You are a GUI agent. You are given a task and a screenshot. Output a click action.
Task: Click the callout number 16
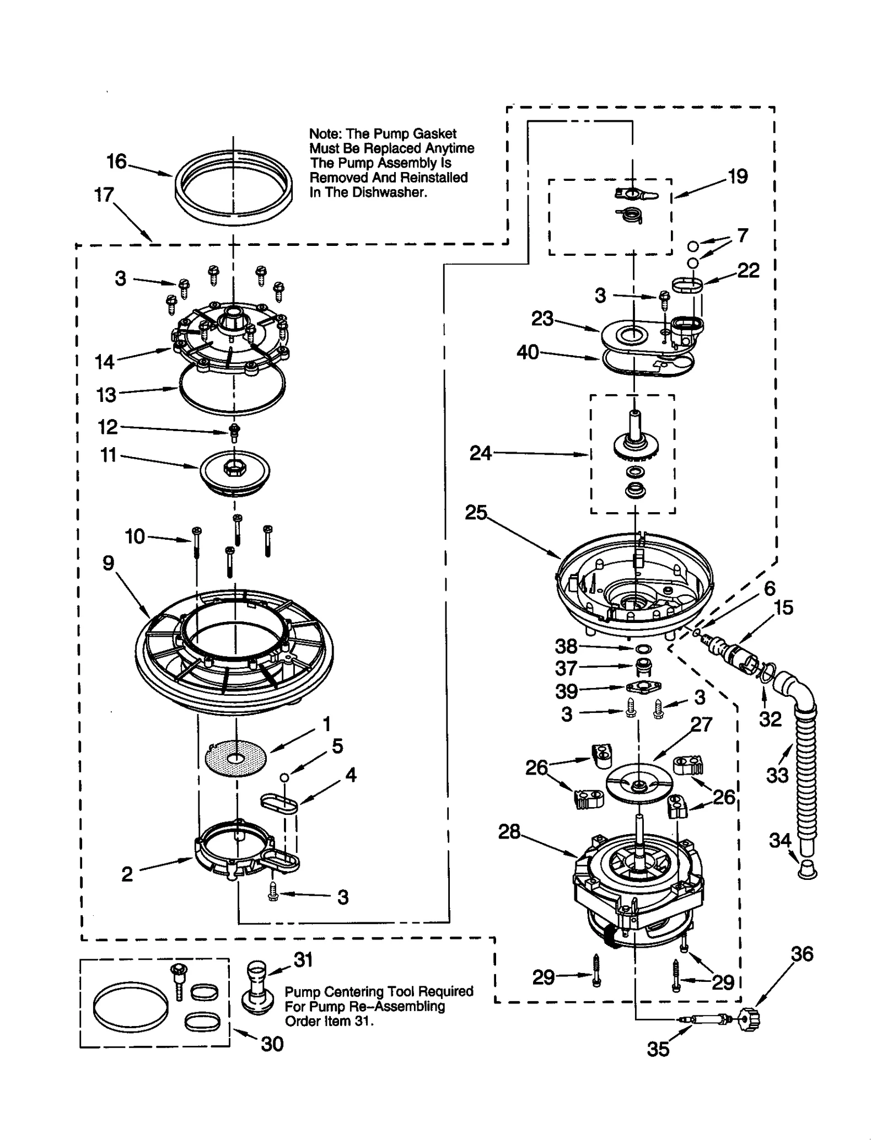click(116, 162)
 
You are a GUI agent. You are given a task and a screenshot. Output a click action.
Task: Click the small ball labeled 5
click(284, 777)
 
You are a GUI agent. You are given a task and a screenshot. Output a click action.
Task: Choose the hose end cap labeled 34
click(807, 871)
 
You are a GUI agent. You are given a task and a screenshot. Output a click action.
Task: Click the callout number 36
click(802, 954)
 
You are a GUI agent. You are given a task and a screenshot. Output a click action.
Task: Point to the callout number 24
click(480, 453)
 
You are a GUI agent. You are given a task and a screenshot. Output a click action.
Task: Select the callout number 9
click(108, 563)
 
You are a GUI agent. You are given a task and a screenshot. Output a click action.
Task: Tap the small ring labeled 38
click(643, 649)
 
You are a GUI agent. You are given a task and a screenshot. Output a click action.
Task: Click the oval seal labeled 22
click(687, 286)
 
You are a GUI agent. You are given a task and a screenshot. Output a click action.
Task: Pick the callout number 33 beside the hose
click(777, 775)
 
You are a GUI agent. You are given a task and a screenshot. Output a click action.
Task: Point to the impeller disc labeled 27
click(639, 783)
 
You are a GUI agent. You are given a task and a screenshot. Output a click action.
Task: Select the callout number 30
click(272, 1044)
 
